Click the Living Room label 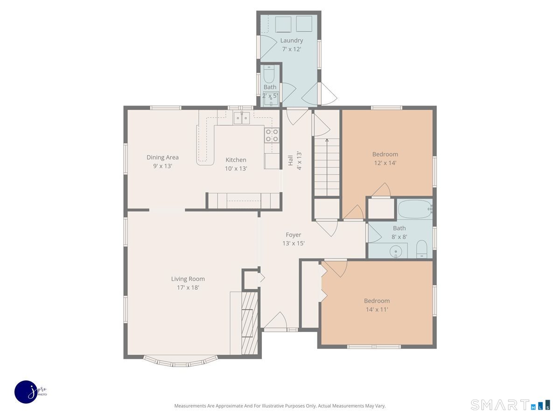(188, 279)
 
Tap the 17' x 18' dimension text (188, 287)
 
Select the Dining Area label (162, 157)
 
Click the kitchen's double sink (242, 118)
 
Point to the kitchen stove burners (272, 135)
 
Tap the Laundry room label (292, 40)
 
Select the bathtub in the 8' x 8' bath (415, 209)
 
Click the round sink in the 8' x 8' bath (396, 251)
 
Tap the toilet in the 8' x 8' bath (422, 249)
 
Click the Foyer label (294, 235)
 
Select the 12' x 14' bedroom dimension (385, 163)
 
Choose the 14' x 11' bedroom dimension (377, 309)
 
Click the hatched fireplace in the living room (249, 323)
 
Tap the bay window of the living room (181, 362)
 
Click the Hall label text (291, 161)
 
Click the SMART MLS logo (510, 405)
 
